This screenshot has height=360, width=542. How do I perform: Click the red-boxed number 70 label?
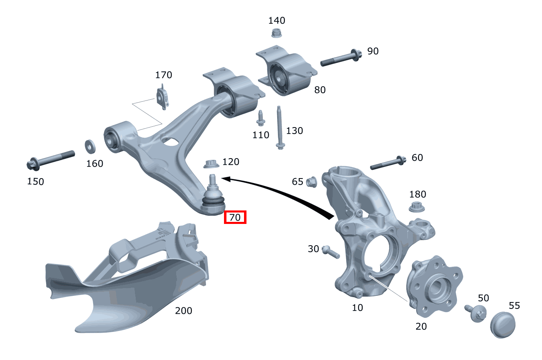[235, 217]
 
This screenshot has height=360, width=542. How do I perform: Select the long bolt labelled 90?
[341, 58]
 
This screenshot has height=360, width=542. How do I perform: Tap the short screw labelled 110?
[260, 118]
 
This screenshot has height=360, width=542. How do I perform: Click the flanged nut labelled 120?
[211, 163]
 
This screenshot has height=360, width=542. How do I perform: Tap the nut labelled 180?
[417, 207]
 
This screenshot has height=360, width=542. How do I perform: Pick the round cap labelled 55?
[502, 324]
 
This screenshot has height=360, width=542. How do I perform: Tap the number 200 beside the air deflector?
[184, 311]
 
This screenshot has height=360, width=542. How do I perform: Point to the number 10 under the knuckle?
[357, 307]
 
